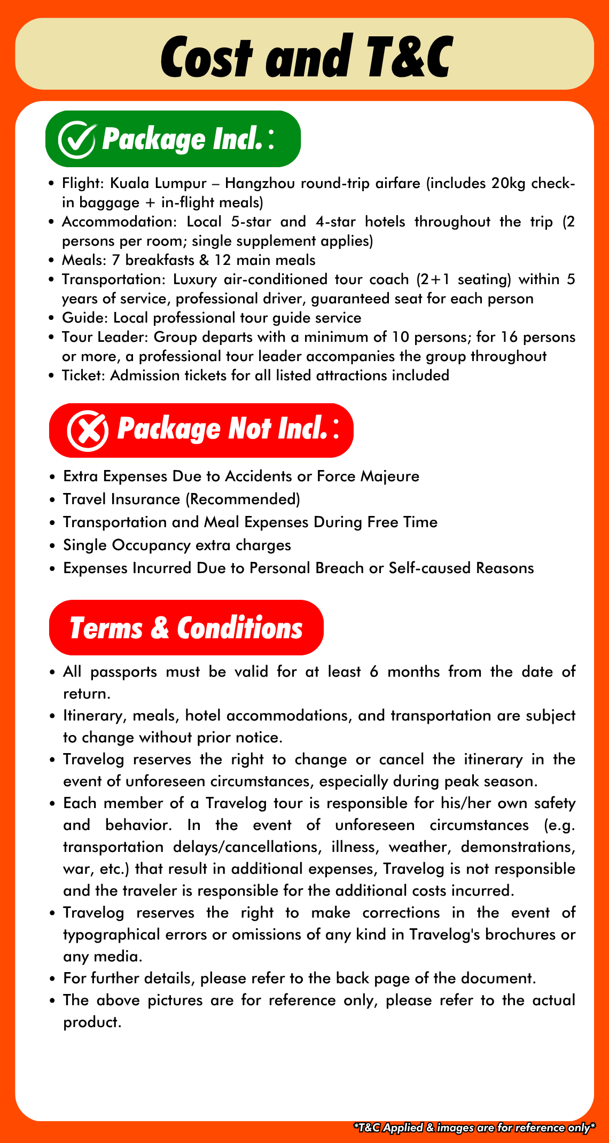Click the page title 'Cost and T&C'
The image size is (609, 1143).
point(306,56)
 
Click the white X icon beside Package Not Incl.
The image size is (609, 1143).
point(88,431)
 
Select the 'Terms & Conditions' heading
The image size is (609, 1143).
point(186,628)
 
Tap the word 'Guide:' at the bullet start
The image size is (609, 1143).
point(85,318)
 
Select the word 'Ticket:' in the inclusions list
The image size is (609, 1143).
point(84,375)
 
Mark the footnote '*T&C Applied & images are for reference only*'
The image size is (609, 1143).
point(474,1128)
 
